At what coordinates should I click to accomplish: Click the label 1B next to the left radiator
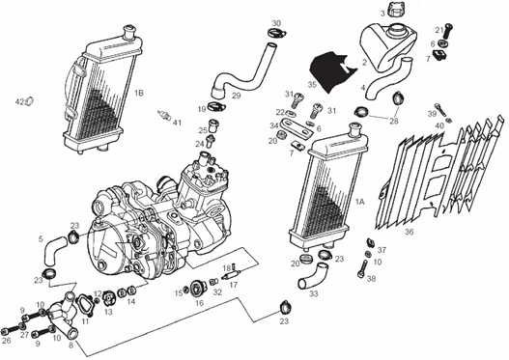(139, 93)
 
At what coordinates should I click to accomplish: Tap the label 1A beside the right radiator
(359, 203)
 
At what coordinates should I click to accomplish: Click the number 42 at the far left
(18, 101)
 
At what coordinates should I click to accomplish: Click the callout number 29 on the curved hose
(236, 96)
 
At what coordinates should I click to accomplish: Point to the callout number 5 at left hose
(41, 238)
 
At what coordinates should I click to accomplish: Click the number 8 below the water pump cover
(70, 346)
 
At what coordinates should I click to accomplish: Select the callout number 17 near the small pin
(233, 286)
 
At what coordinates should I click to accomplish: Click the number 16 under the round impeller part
(200, 303)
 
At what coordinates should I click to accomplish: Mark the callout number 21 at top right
(438, 29)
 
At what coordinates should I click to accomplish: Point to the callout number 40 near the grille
(439, 125)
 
